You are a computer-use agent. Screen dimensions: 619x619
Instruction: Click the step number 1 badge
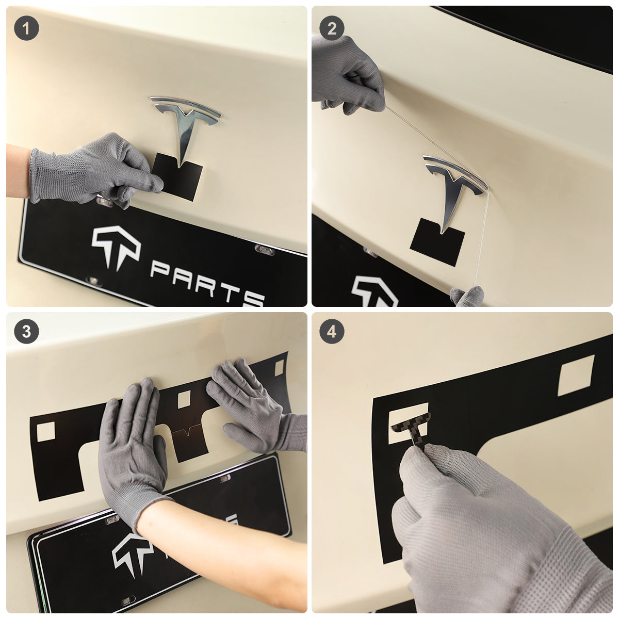coord(26,28)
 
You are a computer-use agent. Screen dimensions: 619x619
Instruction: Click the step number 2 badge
coord(332,28)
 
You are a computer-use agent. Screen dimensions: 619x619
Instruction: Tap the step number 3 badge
coord(26,331)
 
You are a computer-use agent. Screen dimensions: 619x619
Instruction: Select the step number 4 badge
coord(332,331)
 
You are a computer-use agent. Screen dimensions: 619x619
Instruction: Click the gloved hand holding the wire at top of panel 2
coord(349,75)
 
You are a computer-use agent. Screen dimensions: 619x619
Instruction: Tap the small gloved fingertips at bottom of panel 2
coord(467,297)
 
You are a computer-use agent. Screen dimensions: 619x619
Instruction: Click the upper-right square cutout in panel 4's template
coord(576,375)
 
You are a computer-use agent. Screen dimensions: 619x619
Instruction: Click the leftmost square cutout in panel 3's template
coord(45,431)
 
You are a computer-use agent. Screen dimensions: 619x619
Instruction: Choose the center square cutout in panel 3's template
coord(184,399)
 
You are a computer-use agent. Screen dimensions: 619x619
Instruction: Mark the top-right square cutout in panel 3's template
coord(279,368)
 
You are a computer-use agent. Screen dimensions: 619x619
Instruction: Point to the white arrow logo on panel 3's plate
coord(130,554)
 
